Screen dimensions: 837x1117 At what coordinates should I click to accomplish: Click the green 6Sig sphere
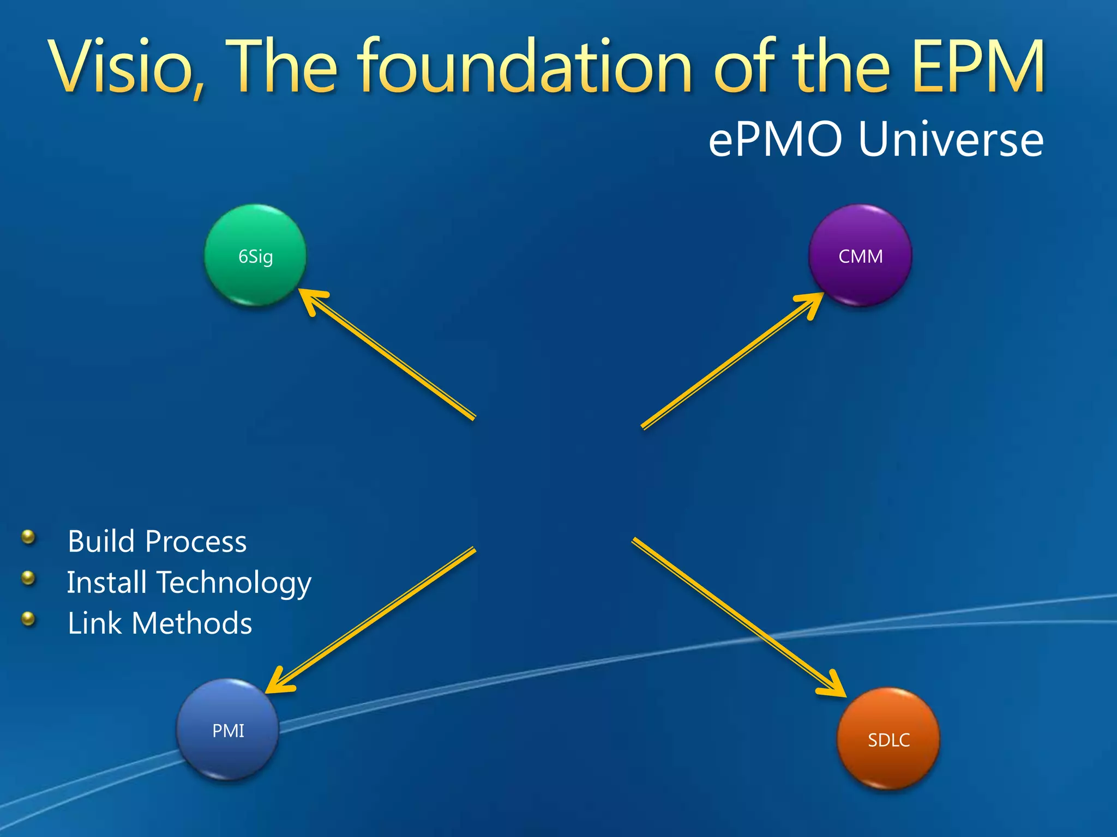coord(255,255)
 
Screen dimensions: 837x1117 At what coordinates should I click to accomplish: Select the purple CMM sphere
coord(860,255)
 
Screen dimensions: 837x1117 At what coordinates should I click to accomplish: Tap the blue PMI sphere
coord(227,730)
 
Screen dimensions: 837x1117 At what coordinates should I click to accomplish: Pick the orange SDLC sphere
coord(888,739)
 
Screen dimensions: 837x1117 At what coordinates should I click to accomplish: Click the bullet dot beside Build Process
coord(28,537)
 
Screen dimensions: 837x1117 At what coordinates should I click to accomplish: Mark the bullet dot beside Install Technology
coord(28,578)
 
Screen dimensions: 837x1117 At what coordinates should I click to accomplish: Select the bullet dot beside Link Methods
coord(28,618)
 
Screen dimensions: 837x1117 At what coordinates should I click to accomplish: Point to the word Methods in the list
coord(191,623)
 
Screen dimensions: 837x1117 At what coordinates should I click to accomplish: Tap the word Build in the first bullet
coord(101,541)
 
